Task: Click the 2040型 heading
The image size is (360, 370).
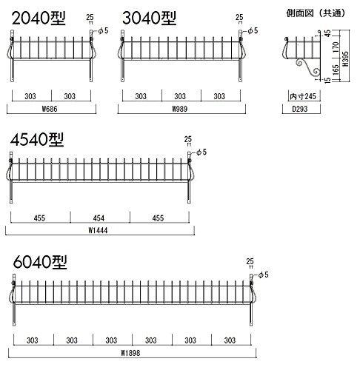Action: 39,18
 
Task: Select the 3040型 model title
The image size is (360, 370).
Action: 150,18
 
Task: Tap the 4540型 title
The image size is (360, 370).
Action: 37,140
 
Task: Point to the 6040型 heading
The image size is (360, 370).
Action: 40,262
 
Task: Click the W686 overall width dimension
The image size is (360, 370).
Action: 50,109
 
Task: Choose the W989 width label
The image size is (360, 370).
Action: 180,109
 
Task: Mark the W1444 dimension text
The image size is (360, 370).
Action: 98,230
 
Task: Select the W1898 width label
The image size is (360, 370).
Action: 130,353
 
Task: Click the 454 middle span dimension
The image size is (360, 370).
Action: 99,218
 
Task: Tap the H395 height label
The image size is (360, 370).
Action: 345,58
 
